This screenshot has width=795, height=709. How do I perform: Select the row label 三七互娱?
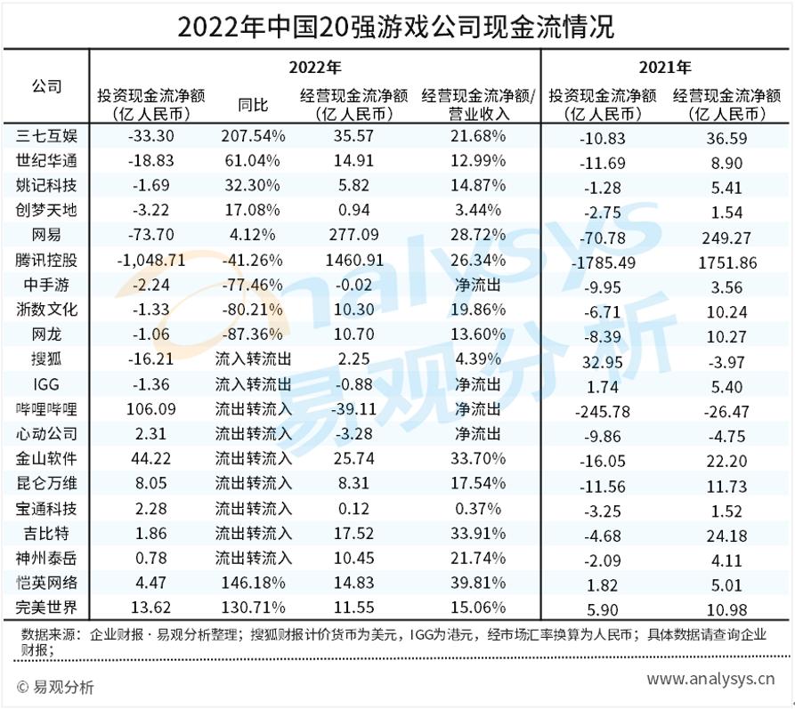coord(47,137)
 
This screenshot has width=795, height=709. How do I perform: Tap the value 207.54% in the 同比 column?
coord(253,137)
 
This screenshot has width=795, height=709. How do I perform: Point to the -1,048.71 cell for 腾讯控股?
coord(150,261)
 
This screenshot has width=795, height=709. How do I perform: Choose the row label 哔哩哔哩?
coord(47,410)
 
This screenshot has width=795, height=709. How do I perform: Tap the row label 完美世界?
coord(47,608)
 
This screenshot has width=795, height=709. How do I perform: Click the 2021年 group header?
coord(665,67)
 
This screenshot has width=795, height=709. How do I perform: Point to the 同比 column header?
coord(253,105)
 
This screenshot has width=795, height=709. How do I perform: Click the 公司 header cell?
coord(47,86)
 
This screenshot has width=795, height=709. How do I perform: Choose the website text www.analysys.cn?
coord(710,679)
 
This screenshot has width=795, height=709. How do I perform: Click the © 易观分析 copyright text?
coord(55,687)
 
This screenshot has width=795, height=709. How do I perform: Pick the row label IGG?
coord(47,384)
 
